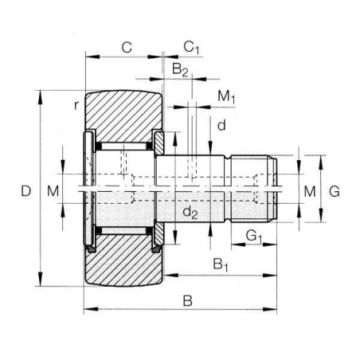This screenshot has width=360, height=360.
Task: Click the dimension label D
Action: pyautogui.click(x=25, y=191)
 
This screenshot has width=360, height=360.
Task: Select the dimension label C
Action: pyautogui.click(x=127, y=48)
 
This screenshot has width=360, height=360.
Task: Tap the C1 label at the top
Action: pyautogui.click(x=191, y=48)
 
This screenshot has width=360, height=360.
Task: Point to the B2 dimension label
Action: pyautogui.click(x=180, y=69)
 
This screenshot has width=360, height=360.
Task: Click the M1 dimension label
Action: pyautogui.click(x=226, y=96)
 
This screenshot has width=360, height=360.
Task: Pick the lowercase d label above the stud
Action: pyautogui.click(x=221, y=125)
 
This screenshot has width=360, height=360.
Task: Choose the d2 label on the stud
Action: pyautogui.click(x=190, y=212)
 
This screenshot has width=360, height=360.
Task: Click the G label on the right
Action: pyautogui.click(x=335, y=191)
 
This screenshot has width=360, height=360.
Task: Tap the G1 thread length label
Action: pyautogui.click(x=254, y=236)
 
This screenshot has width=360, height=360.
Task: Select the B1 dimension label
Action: pyautogui.click(x=221, y=264)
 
